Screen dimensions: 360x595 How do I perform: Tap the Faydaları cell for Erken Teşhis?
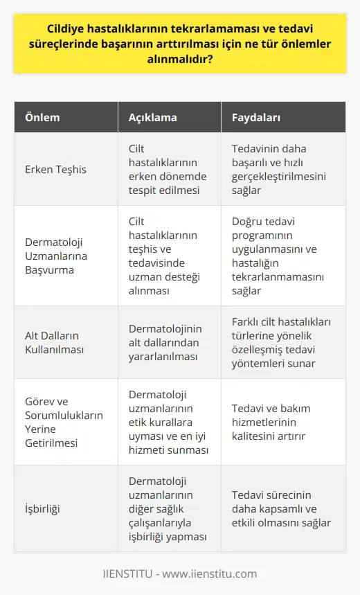[x=280, y=169]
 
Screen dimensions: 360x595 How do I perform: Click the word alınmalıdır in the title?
[x=179, y=62]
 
